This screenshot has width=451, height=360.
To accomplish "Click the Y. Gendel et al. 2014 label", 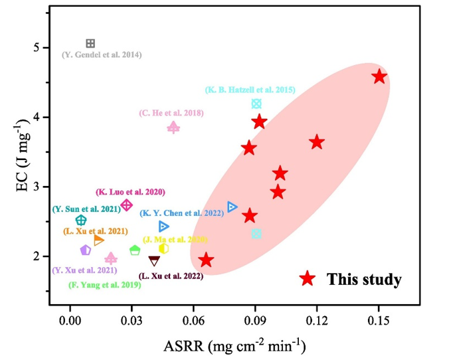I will [x=102, y=54].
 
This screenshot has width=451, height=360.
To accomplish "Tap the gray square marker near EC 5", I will [x=90, y=43].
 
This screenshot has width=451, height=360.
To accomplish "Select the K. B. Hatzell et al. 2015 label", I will [x=249, y=90].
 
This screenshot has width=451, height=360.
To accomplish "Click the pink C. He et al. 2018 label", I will [x=171, y=114].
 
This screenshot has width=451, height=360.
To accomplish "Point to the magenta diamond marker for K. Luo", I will [x=127, y=205].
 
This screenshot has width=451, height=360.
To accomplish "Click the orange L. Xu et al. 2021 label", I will [x=95, y=231].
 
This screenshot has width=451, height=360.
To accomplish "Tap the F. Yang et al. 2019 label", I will [x=104, y=285].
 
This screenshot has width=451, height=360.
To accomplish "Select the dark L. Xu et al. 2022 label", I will [x=171, y=276].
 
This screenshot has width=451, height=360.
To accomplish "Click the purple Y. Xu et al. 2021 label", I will [x=84, y=270].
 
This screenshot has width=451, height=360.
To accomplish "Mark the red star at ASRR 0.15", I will [x=379, y=76].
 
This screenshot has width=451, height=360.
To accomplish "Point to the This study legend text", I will [x=364, y=280].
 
